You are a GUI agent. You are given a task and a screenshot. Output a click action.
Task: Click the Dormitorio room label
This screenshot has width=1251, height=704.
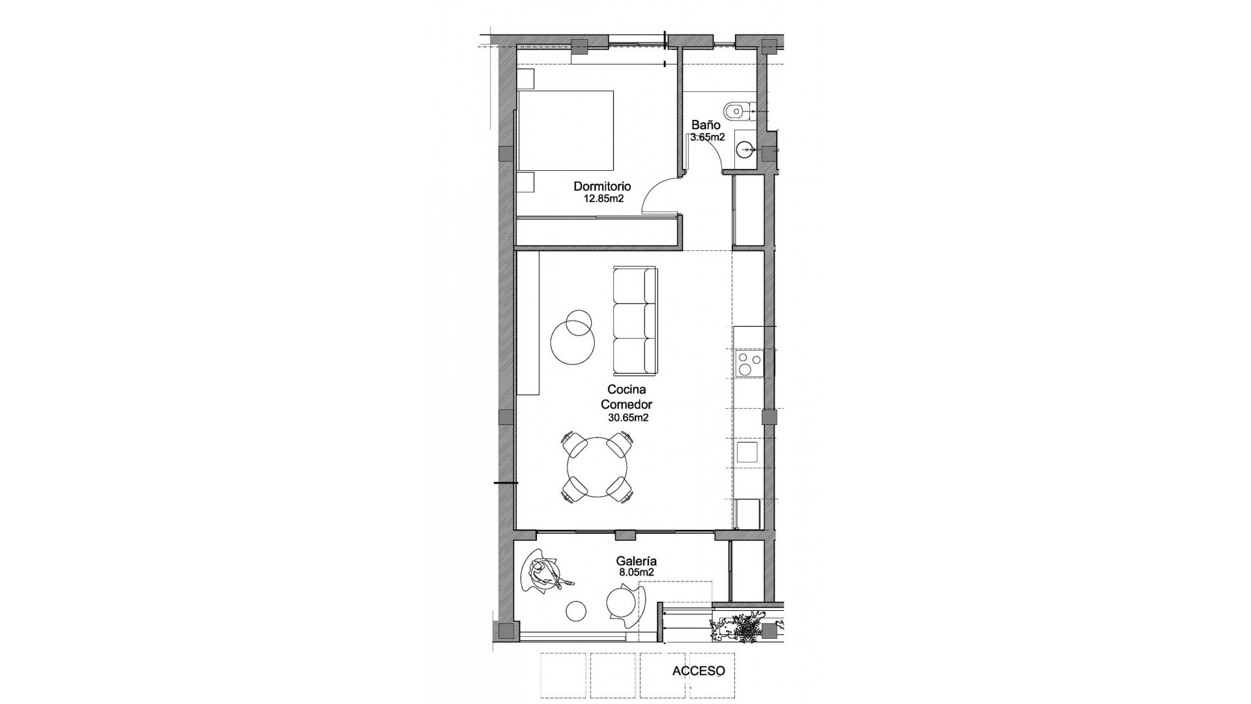click(x=602, y=186)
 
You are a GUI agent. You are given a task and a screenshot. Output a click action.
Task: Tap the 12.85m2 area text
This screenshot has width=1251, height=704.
click(x=603, y=199)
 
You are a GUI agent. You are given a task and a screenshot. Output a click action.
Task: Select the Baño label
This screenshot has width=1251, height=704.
click(x=706, y=125)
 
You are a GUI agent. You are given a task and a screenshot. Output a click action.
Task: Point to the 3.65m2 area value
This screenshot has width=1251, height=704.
click(x=708, y=138)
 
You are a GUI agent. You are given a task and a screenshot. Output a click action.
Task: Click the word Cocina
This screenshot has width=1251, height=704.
click(x=626, y=390)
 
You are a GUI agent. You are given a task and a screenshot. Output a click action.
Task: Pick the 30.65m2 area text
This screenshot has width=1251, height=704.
click(x=628, y=418)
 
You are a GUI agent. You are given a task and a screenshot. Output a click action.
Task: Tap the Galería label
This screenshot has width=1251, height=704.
click(x=636, y=561)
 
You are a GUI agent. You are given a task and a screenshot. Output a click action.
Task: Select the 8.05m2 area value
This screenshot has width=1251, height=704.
click(x=636, y=572)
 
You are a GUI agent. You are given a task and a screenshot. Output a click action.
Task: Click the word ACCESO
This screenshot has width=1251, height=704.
click(x=698, y=671)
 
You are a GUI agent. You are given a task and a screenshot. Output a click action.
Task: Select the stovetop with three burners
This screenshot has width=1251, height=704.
click(x=748, y=363)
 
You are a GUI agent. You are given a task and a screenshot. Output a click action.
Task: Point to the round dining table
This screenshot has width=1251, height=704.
click(x=597, y=467)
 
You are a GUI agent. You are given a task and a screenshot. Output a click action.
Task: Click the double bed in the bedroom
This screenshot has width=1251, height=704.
click(x=565, y=131)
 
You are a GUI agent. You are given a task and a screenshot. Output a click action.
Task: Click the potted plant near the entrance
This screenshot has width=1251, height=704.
click(x=745, y=630)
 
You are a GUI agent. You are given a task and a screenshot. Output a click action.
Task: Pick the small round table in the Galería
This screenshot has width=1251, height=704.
click(x=577, y=610)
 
